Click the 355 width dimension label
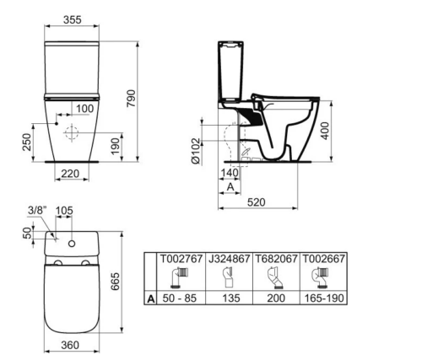(x=73, y=19)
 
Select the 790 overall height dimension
(x=131, y=98)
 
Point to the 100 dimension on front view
(x=84, y=109)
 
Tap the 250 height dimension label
(x=27, y=142)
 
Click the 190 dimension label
(x=115, y=146)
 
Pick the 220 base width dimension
(x=70, y=174)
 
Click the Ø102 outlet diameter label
(x=196, y=151)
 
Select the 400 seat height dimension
(x=325, y=131)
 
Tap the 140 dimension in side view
(x=230, y=173)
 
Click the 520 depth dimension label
(x=256, y=202)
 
